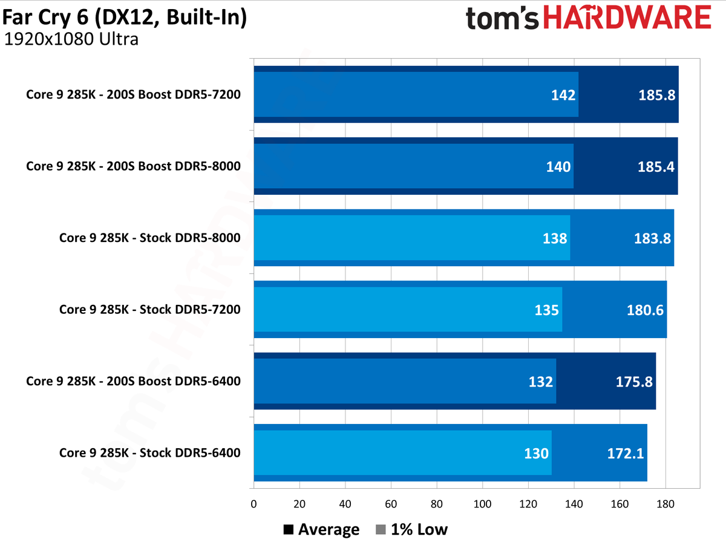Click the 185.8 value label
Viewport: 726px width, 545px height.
656,95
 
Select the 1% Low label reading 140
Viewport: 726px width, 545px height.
558,166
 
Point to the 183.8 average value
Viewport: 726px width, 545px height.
652,238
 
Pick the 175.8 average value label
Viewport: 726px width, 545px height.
634,381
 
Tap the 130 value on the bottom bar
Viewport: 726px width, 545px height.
536,453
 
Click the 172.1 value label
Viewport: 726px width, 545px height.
626,453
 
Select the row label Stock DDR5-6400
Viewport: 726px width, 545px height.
149,452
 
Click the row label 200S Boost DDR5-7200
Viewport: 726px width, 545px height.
133,94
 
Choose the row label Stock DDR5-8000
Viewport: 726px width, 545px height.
149,238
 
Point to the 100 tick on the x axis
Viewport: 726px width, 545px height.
482,504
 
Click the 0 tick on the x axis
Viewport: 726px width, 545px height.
253,504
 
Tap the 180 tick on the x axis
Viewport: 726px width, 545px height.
665,504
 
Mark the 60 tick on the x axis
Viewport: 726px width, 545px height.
391,504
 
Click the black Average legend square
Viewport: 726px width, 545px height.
289,530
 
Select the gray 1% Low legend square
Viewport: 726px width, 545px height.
381,530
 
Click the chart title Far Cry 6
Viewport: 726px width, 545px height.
125,18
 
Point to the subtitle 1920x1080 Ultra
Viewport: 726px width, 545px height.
71,40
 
